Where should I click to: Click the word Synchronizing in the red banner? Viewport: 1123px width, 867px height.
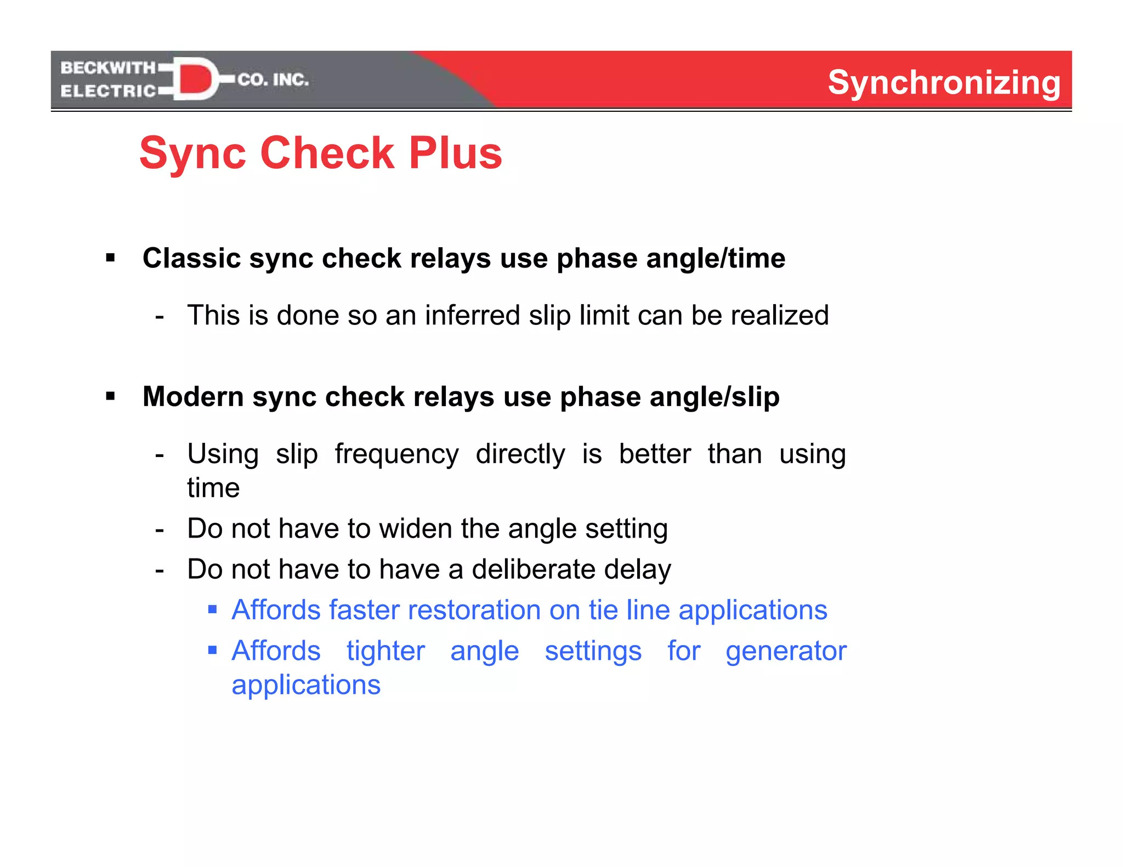pyautogui.click(x=944, y=82)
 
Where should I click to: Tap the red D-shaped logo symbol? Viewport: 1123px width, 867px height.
pyautogui.click(x=195, y=79)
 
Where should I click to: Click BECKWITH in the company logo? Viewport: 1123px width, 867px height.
pyautogui.click(x=108, y=67)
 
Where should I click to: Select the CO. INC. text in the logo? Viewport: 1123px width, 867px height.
pyautogui.click(x=273, y=80)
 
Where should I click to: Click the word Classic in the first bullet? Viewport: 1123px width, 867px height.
pyautogui.click(x=191, y=258)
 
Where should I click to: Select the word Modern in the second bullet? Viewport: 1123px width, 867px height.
pyautogui.click(x=193, y=396)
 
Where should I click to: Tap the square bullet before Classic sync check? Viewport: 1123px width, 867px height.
pyautogui.click(x=111, y=258)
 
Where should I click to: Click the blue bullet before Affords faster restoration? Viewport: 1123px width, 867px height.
pyautogui.click(x=213, y=609)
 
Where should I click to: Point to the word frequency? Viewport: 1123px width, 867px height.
pyautogui.click(x=396, y=454)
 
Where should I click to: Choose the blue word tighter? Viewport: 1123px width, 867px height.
pyautogui.click(x=385, y=651)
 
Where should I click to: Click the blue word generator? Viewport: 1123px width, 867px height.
pyautogui.click(x=786, y=651)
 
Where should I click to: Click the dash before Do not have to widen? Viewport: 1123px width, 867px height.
pyautogui.click(x=160, y=529)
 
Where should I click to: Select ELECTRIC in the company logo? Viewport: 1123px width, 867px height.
pyautogui.click(x=109, y=91)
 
